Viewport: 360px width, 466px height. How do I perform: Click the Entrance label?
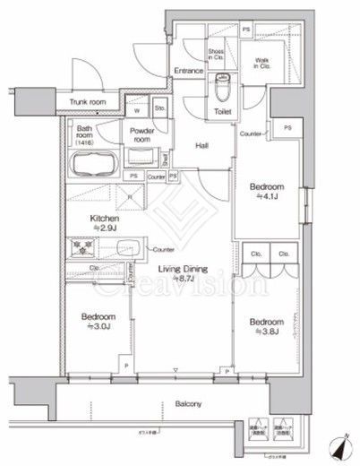[x=190, y=68]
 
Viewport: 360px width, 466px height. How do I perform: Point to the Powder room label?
[x=136, y=134]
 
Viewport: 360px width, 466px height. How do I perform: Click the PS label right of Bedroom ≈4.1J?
[x=287, y=129]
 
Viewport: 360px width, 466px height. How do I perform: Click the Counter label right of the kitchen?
[x=162, y=248]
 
